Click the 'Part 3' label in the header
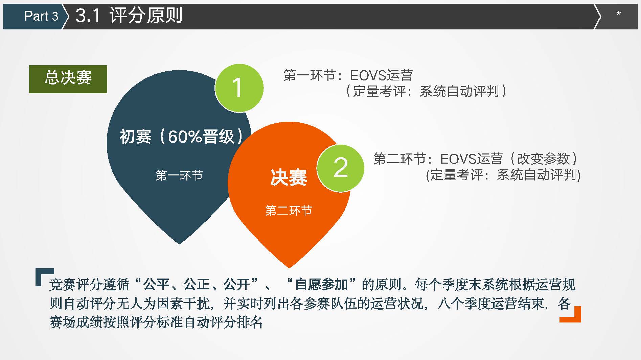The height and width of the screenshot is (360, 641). pyautogui.click(x=41, y=16)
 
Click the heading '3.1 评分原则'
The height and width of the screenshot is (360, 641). pyautogui.click(x=129, y=16)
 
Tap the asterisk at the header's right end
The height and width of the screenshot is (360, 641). pyautogui.click(x=619, y=14)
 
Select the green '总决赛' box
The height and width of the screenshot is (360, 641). pyautogui.click(x=68, y=79)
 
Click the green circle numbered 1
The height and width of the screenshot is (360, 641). pyautogui.click(x=239, y=88)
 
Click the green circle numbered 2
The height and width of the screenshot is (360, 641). pyautogui.click(x=340, y=168)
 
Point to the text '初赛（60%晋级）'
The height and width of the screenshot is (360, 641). pyautogui.click(x=181, y=137)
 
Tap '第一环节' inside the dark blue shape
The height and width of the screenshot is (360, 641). pyautogui.click(x=179, y=175)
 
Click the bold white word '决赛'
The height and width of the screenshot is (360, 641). pyautogui.click(x=289, y=177)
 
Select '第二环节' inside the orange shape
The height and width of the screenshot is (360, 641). pyautogui.click(x=289, y=211)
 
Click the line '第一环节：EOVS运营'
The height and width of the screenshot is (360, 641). pyautogui.click(x=348, y=75)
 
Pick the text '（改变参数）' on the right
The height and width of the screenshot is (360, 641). pyautogui.click(x=544, y=159)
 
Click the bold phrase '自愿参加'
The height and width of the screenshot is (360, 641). pyautogui.click(x=321, y=284)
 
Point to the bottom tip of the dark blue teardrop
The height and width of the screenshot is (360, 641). pyautogui.click(x=180, y=244)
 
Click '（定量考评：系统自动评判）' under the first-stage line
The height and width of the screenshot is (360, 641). pyautogui.click(x=426, y=91)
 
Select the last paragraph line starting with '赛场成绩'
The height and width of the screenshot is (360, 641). pyautogui.click(x=156, y=322)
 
